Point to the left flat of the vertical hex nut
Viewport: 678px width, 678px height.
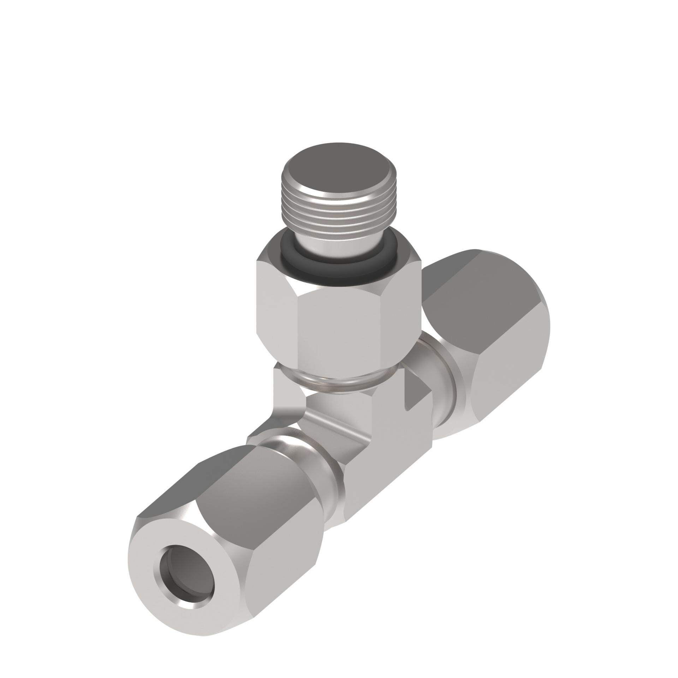pyautogui.click(x=275, y=311)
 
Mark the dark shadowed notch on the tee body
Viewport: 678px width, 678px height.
pyautogui.click(x=417, y=392)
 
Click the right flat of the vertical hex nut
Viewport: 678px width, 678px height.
pyautogui.click(x=403, y=311)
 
